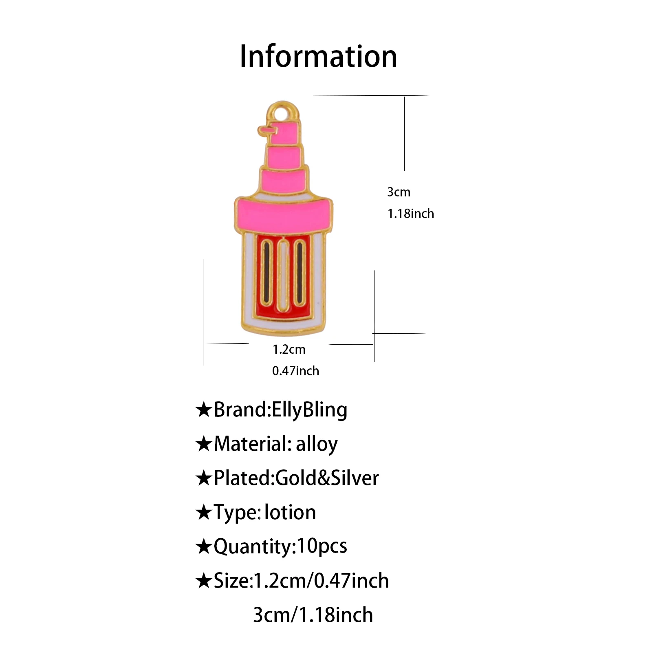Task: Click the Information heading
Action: click(x=318, y=56)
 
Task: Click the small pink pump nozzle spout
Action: click(x=264, y=130)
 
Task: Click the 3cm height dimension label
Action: click(x=399, y=192)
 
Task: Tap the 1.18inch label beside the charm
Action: click(x=410, y=214)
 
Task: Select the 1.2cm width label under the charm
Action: click(x=289, y=349)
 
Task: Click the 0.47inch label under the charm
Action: click(x=295, y=371)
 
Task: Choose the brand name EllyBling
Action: click(x=309, y=410)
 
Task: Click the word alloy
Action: click(x=317, y=444)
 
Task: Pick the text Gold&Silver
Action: click(x=327, y=478)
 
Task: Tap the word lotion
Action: click(x=290, y=512)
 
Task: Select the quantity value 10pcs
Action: click(x=322, y=546)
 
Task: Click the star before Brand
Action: click(x=203, y=410)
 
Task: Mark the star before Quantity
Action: click(x=203, y=546)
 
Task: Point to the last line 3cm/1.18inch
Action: click(x=313, y=615)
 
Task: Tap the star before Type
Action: click(x=203, y=512)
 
